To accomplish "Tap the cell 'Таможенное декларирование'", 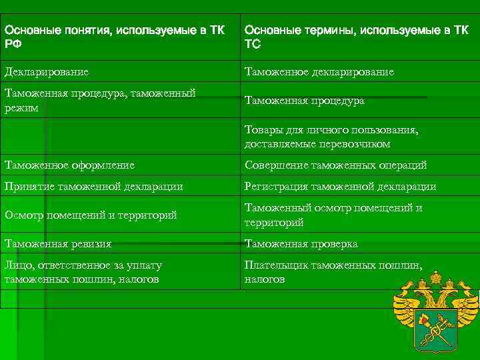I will pyautogui.click(x=319, y=71).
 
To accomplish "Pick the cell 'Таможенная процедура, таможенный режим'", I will pyautogui.click(x=100, y=100).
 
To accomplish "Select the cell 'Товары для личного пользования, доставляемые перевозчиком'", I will pyautogui.click(x=331, y=137).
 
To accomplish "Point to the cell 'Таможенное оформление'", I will pyautogui.click(x=69, y=165).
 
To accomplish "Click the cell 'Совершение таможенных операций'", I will pyautogui.click(x=335, y=165).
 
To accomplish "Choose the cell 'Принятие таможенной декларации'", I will pyautogui.click(x=93, y=187).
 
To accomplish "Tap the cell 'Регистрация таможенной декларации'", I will pyautogui.click(x=340, y=187).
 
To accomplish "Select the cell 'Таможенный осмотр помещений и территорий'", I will pyautogui.click(x=333, y=215).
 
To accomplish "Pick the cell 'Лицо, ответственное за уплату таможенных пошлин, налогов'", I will pyautogui.click(x=83, y=272).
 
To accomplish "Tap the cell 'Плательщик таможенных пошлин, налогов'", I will pyautogui.click(x=333, y=272).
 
